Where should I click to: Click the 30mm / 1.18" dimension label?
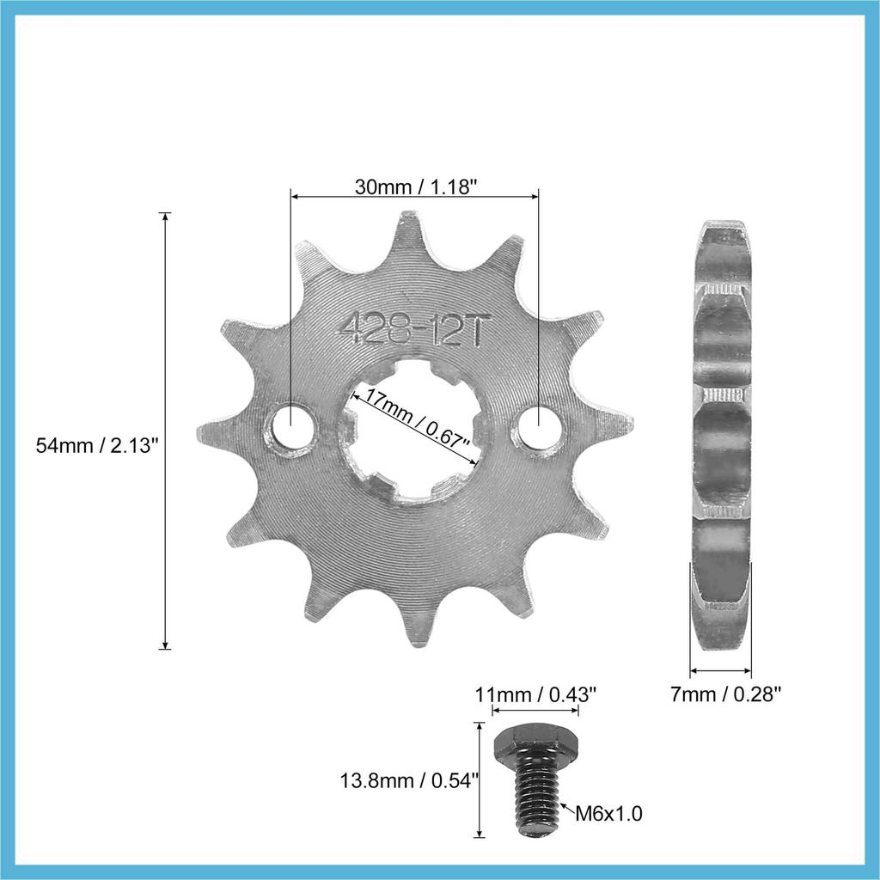coord(415,186)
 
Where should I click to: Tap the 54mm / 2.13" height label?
coord(98,445)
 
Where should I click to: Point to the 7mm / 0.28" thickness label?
coord(725,694)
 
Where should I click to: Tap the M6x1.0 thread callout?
coord(608,812)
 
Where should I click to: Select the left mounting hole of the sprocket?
coord(291,427)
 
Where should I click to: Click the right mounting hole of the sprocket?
coord(539,427)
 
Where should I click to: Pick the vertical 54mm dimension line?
coord(166,430)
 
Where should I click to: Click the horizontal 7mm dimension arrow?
coord(720,670)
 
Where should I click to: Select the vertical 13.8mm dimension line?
coord(480,779)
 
